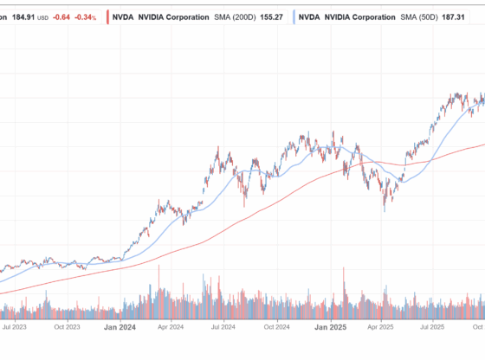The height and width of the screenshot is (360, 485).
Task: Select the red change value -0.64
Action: coord(62,16)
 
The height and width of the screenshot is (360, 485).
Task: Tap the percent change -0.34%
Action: coord(85,16)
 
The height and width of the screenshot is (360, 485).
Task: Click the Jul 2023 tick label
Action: coord(15,328)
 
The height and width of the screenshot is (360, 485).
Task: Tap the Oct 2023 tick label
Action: coord(67,328)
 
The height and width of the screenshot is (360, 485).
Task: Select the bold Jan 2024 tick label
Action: coord(119,328)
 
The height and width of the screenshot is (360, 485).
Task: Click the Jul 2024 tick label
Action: coord(223,328)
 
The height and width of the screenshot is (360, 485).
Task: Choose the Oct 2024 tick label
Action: coord(276,328)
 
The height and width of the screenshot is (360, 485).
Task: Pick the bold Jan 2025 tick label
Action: coord(329,328)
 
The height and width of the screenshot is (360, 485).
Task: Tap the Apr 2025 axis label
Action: coord(380,328)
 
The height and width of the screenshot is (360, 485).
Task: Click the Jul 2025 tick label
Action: coord(432,328)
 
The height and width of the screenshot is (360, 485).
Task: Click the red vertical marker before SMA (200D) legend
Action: coord(107,16)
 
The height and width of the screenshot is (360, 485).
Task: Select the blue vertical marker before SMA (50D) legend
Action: coord(295,16)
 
